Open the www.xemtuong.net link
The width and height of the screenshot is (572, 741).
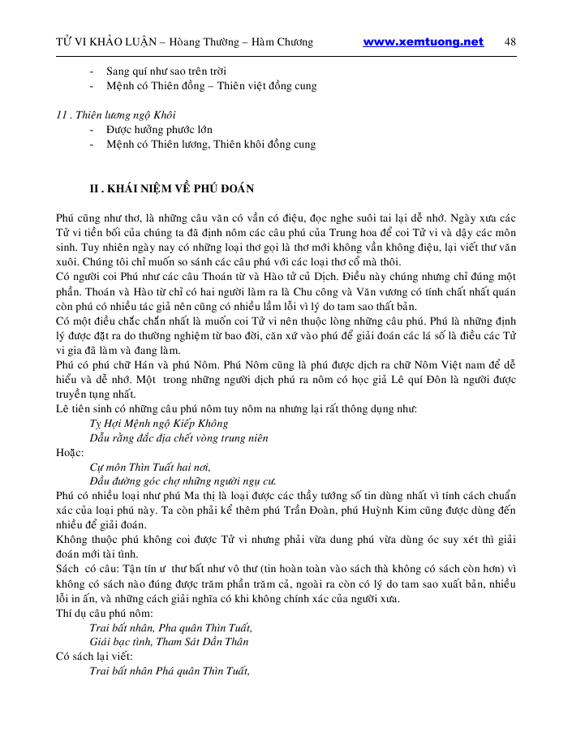click(423, 42)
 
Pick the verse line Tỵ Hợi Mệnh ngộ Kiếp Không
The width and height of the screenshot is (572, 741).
click(158, 423)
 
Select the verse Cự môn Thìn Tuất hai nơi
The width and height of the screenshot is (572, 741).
click(150, 467)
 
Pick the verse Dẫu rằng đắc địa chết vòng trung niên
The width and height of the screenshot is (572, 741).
click(178, 437)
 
